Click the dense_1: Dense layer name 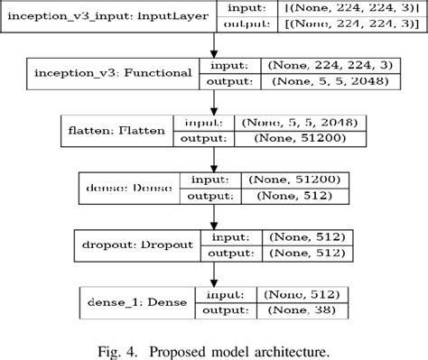click(x=132, y=302)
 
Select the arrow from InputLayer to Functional click(x=214, y=45)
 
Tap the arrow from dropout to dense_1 click(x=214, y=273)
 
